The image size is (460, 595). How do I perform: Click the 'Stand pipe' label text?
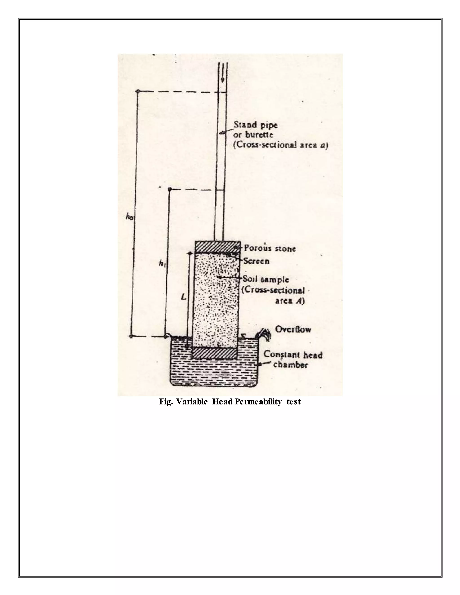point(256,125)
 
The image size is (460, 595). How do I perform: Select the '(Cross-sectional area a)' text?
point(281,145)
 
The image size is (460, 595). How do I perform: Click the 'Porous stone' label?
point(270,249)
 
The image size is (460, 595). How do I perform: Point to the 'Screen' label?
point(256,261)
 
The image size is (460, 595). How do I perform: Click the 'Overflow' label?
point(293,329)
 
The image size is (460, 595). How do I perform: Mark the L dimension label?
point(184,297)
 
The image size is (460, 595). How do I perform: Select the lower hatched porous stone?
point(215,354)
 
